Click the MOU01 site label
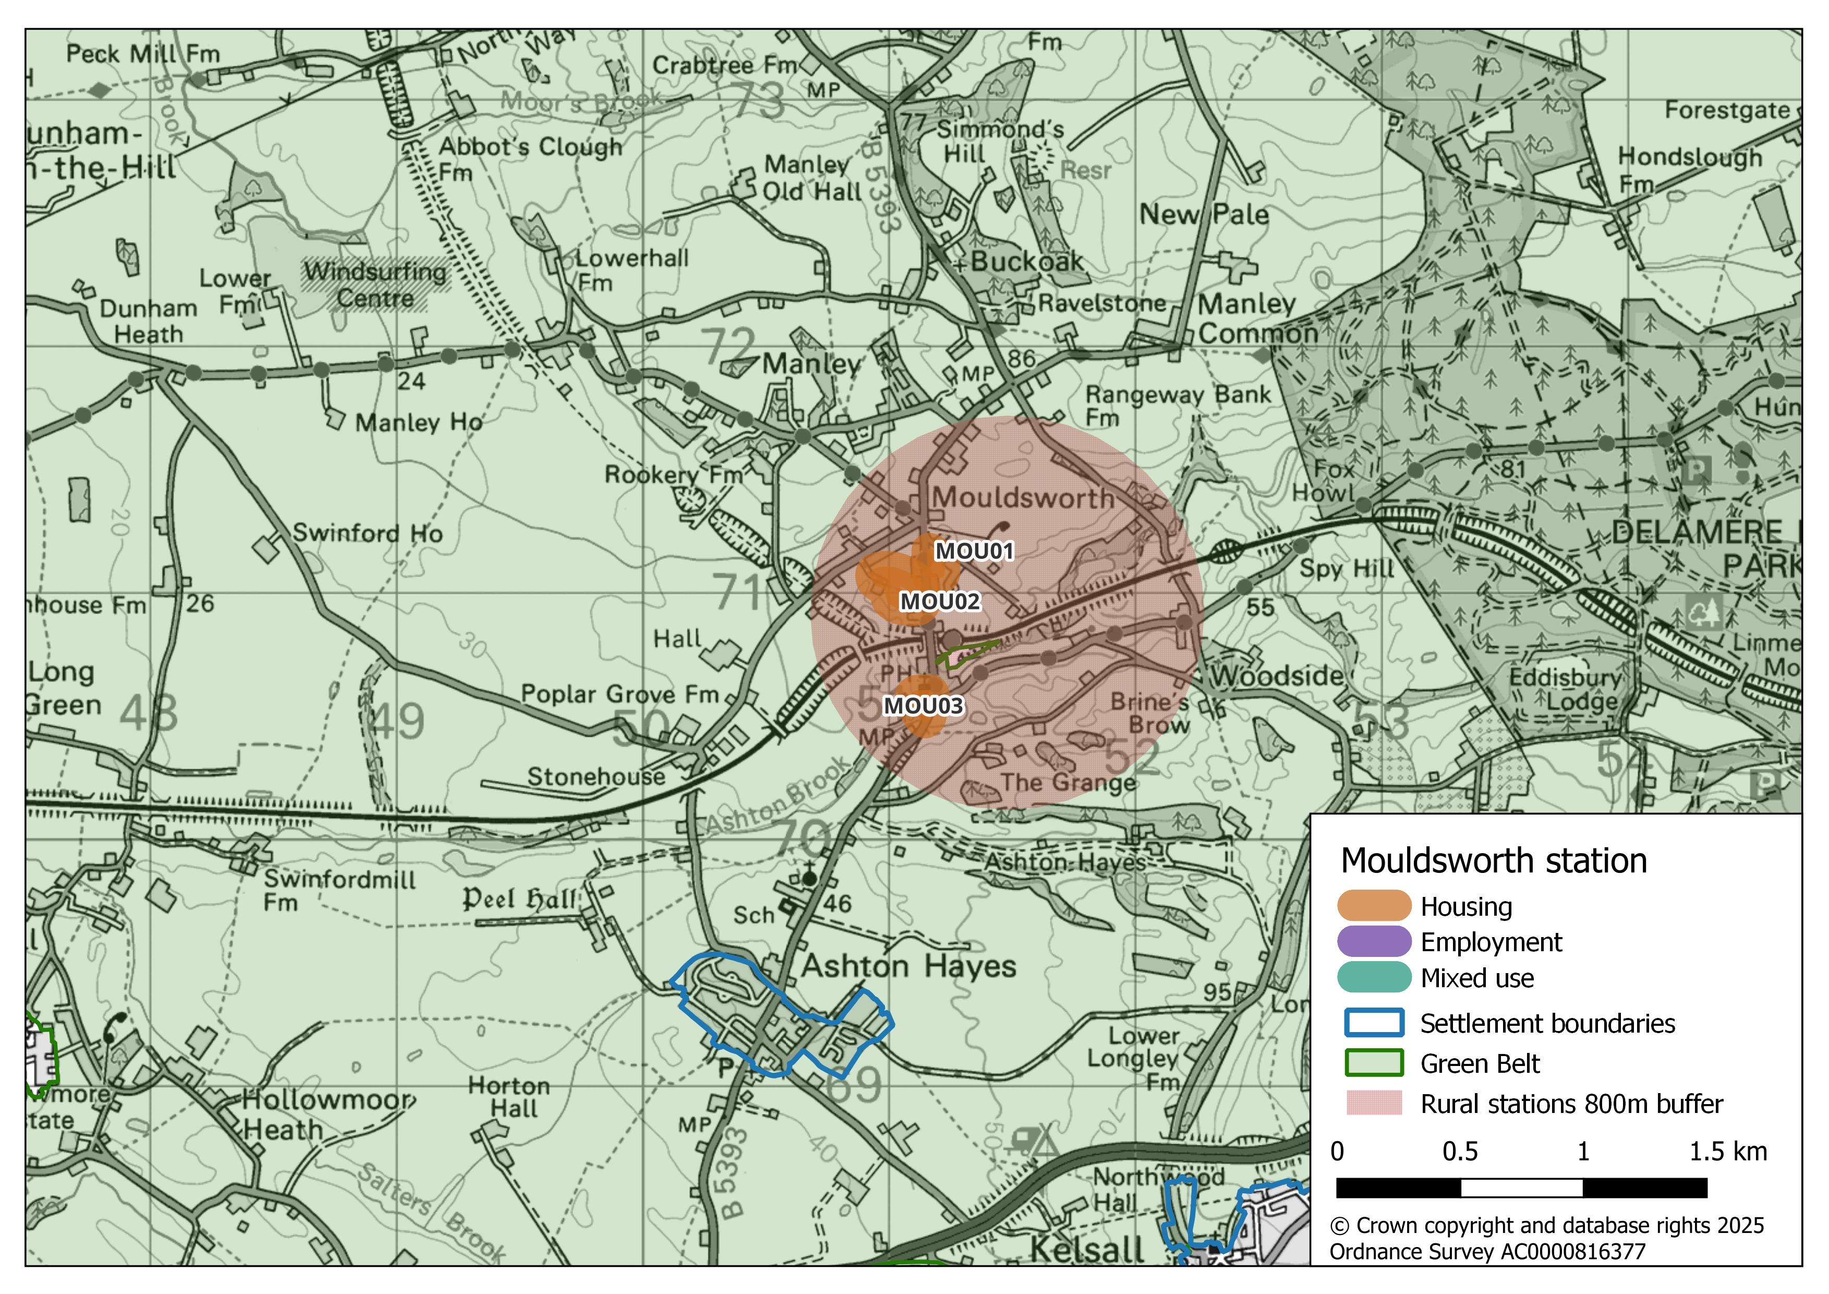tap(974, 552)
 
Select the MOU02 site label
tap(940, 602)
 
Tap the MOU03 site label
tap(923, 706)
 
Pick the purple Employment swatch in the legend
tap(1373, 942)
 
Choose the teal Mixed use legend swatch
tap(1373, 978)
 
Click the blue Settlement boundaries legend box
tap(1373, 1023)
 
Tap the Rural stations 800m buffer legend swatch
tap(1373, 1104)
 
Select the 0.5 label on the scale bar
tap(1460, 1152)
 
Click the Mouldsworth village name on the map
tap(1024, 498)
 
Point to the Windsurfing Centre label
tap(375, 284)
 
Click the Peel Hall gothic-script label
tap(519, 900)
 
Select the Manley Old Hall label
tap(811, 178)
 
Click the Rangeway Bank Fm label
tap(1178, 405)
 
